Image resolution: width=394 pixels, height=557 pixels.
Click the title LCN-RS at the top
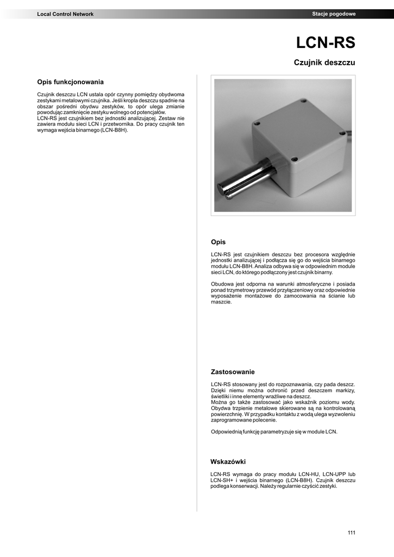pyautogui.click(x=325, y=43)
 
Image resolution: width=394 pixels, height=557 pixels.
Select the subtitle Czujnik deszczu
pyautogui.click(x=324, y=63)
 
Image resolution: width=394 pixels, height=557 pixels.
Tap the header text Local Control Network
pyautogui.click(x=65, y=14)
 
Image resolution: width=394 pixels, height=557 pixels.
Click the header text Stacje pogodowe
pyautogui.click(x=334, y=14)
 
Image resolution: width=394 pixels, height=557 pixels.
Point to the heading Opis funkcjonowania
pyautogui.click(x=70, y=82)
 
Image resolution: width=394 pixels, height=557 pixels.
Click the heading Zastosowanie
pyautogui.click(x=233, y=372)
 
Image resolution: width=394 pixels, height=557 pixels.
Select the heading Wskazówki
pyautogui.click(x=228, y=462)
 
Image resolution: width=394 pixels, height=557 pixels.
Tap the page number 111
pyautogui.click(x=351, y=533)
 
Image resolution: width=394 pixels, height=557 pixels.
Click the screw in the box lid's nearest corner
pyautogui.click(x=294, y=159)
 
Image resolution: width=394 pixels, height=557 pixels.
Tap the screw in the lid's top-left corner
pyautogui.click(x=258, y=124)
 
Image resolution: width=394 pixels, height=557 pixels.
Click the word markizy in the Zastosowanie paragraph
pyautogui.click(x=344, y=391)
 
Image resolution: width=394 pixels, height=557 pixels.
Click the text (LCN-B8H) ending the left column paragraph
pyautogui.click(x=112, y=131)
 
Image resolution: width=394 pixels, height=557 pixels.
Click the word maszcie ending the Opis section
pyautogui.click(x=221, y=302)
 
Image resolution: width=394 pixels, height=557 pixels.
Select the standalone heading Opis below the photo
pyautogui.click(x=218, y=242)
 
